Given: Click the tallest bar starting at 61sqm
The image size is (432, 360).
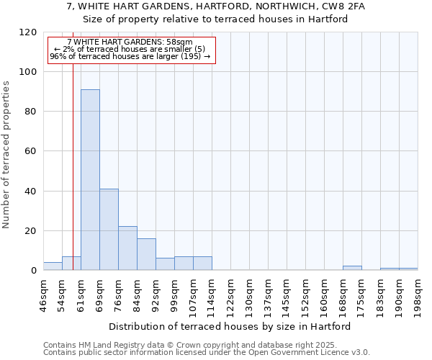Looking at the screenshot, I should click(90, 180).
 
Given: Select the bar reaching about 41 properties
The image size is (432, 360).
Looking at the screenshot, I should click(109, 230).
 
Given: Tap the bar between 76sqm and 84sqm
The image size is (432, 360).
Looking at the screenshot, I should click(127, 248).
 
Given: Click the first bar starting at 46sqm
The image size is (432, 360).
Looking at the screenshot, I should click(53, 266).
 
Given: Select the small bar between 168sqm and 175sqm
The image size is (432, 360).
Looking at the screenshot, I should click(352, 269).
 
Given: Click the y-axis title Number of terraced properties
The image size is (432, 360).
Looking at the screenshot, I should click(6, 154).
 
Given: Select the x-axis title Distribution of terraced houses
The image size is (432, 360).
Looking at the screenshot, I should click(230, 326).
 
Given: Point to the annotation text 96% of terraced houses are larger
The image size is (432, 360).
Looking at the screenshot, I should click(130, 56).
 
